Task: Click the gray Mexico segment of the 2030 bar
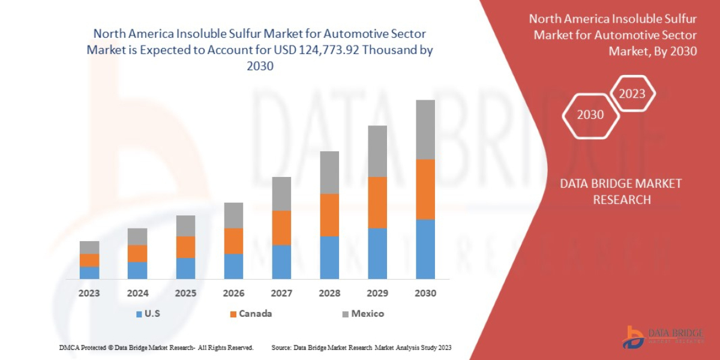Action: point(425,130)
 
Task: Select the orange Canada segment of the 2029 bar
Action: point(377,203)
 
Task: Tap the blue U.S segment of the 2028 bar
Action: point(329,257)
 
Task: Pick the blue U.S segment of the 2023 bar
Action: point(89,272)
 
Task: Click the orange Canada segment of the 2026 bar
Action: point(233,241)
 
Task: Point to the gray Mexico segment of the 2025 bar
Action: point(185,226)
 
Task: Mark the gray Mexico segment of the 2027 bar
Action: point(281,194)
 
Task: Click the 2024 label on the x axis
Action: point(137,293)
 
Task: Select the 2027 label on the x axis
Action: point(281,293)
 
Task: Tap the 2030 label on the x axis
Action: point(425,293)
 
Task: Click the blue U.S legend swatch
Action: point(139,314)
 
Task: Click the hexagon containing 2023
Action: point(632,94)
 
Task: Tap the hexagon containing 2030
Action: point(590,115)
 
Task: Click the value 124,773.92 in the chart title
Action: point(320,50)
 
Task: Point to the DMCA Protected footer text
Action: point(156,347)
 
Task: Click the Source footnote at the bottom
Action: point(361,347)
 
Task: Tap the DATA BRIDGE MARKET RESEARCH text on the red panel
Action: point(621,191)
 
